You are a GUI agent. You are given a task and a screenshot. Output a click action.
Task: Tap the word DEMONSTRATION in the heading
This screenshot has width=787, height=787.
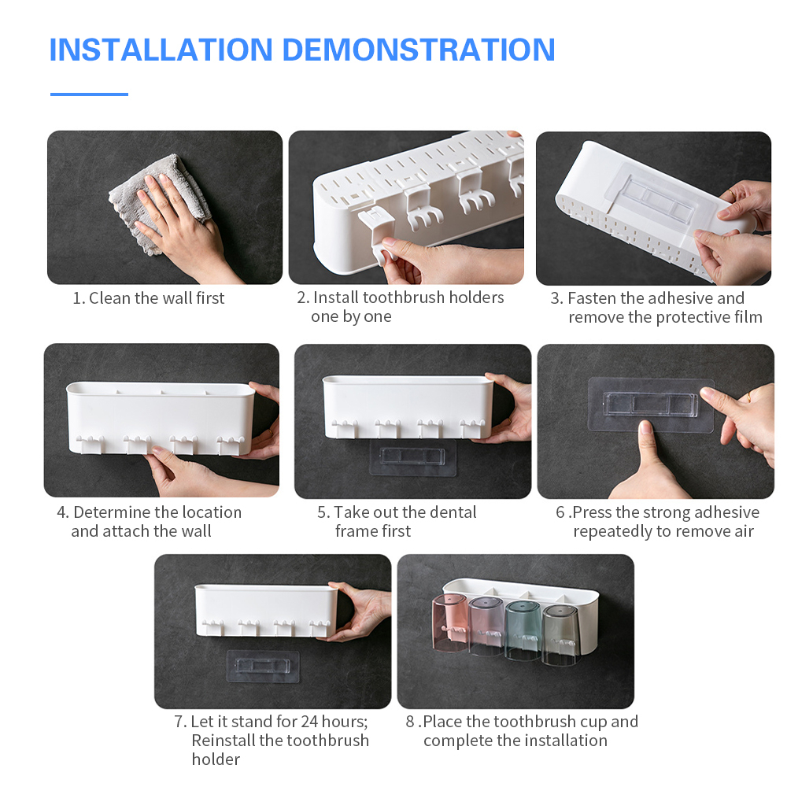[x=419, y=50]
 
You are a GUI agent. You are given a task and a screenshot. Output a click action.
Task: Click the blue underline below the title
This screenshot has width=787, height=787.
[x=90, y=94]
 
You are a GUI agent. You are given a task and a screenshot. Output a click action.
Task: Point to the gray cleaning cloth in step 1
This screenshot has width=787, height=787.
[x=161, y=201]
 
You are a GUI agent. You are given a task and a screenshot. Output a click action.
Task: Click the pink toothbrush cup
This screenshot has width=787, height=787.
[x=449, y=623]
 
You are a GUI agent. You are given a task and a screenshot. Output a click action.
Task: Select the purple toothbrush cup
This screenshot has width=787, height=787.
[x=486, y=626]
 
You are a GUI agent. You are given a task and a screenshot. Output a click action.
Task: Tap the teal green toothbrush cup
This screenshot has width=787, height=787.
[x=523, y=630]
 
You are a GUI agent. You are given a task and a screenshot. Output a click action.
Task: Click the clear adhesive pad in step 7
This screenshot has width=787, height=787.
[x=263, y=667]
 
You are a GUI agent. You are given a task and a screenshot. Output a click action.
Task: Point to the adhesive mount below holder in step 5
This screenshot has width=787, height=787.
[x=412, y=457]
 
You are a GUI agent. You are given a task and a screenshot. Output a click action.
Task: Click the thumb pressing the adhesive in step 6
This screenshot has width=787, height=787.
[x=645, y=452]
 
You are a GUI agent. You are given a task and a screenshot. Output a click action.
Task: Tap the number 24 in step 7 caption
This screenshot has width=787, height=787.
[x=309, y=721]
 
